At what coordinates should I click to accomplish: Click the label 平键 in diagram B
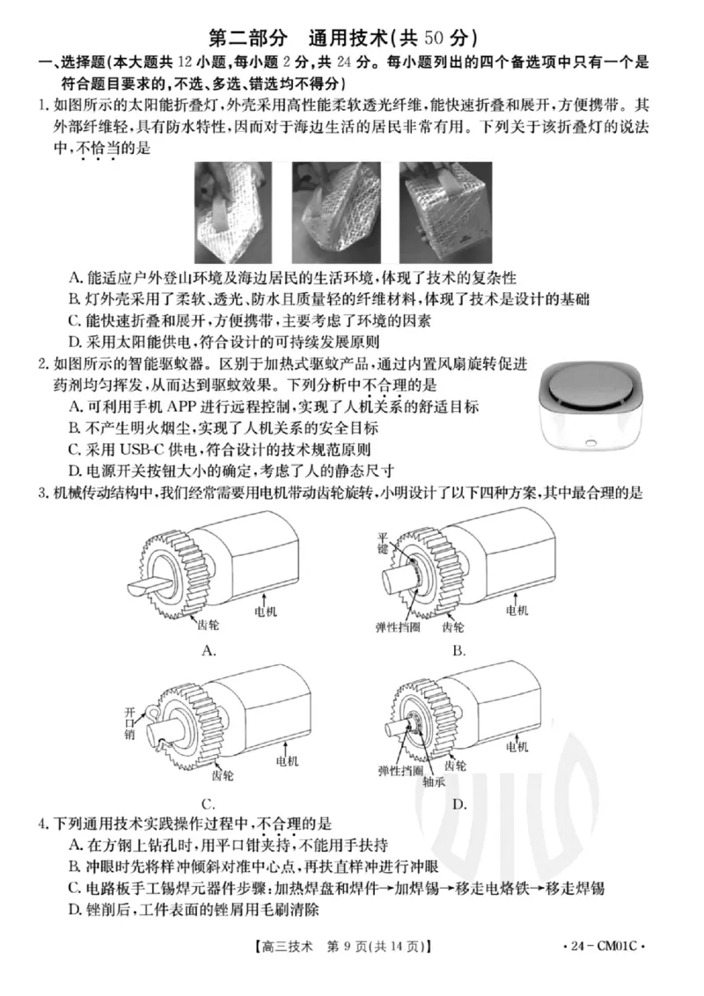[x=383, y=544]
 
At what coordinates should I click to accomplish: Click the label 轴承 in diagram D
[x=434, y=782]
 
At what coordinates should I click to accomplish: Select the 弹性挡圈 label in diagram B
[x=398, y=627]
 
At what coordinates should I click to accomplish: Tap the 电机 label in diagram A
[x=266, y=612]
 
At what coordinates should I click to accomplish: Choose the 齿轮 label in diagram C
[x=223, y=775]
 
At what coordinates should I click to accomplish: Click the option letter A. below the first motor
[x=209, y=650]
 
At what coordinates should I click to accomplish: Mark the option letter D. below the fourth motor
[x=459, y=805]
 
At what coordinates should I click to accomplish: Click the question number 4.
[x=42, y=824]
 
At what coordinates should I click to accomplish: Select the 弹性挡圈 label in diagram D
[x=400, y=771]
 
